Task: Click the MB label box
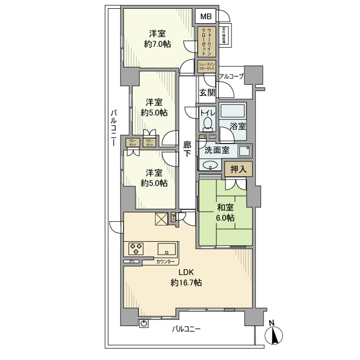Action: tap(206, 16)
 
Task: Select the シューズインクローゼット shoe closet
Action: tap(206, 66)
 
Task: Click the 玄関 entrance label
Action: tap(207, 93)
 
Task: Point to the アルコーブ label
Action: tap(231, 77)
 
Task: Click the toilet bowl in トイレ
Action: tap(207, 124)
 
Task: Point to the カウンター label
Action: tap(165, 262)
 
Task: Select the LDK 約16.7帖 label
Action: tap(186, 278)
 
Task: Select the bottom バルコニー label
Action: tap(186, 328)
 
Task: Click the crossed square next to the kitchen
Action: tap(161, 219)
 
